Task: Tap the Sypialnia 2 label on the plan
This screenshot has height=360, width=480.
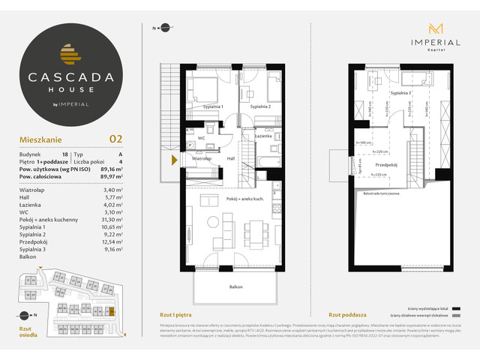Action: click(260, 107)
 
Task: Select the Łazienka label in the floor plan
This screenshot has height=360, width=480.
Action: click(262, 136)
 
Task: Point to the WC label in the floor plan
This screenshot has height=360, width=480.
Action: click(202, 138)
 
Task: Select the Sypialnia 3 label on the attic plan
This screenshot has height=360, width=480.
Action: click(400, 93)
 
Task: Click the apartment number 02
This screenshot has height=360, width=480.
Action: click(116, 138)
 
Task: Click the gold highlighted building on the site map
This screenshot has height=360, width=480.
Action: click(112, 310)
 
